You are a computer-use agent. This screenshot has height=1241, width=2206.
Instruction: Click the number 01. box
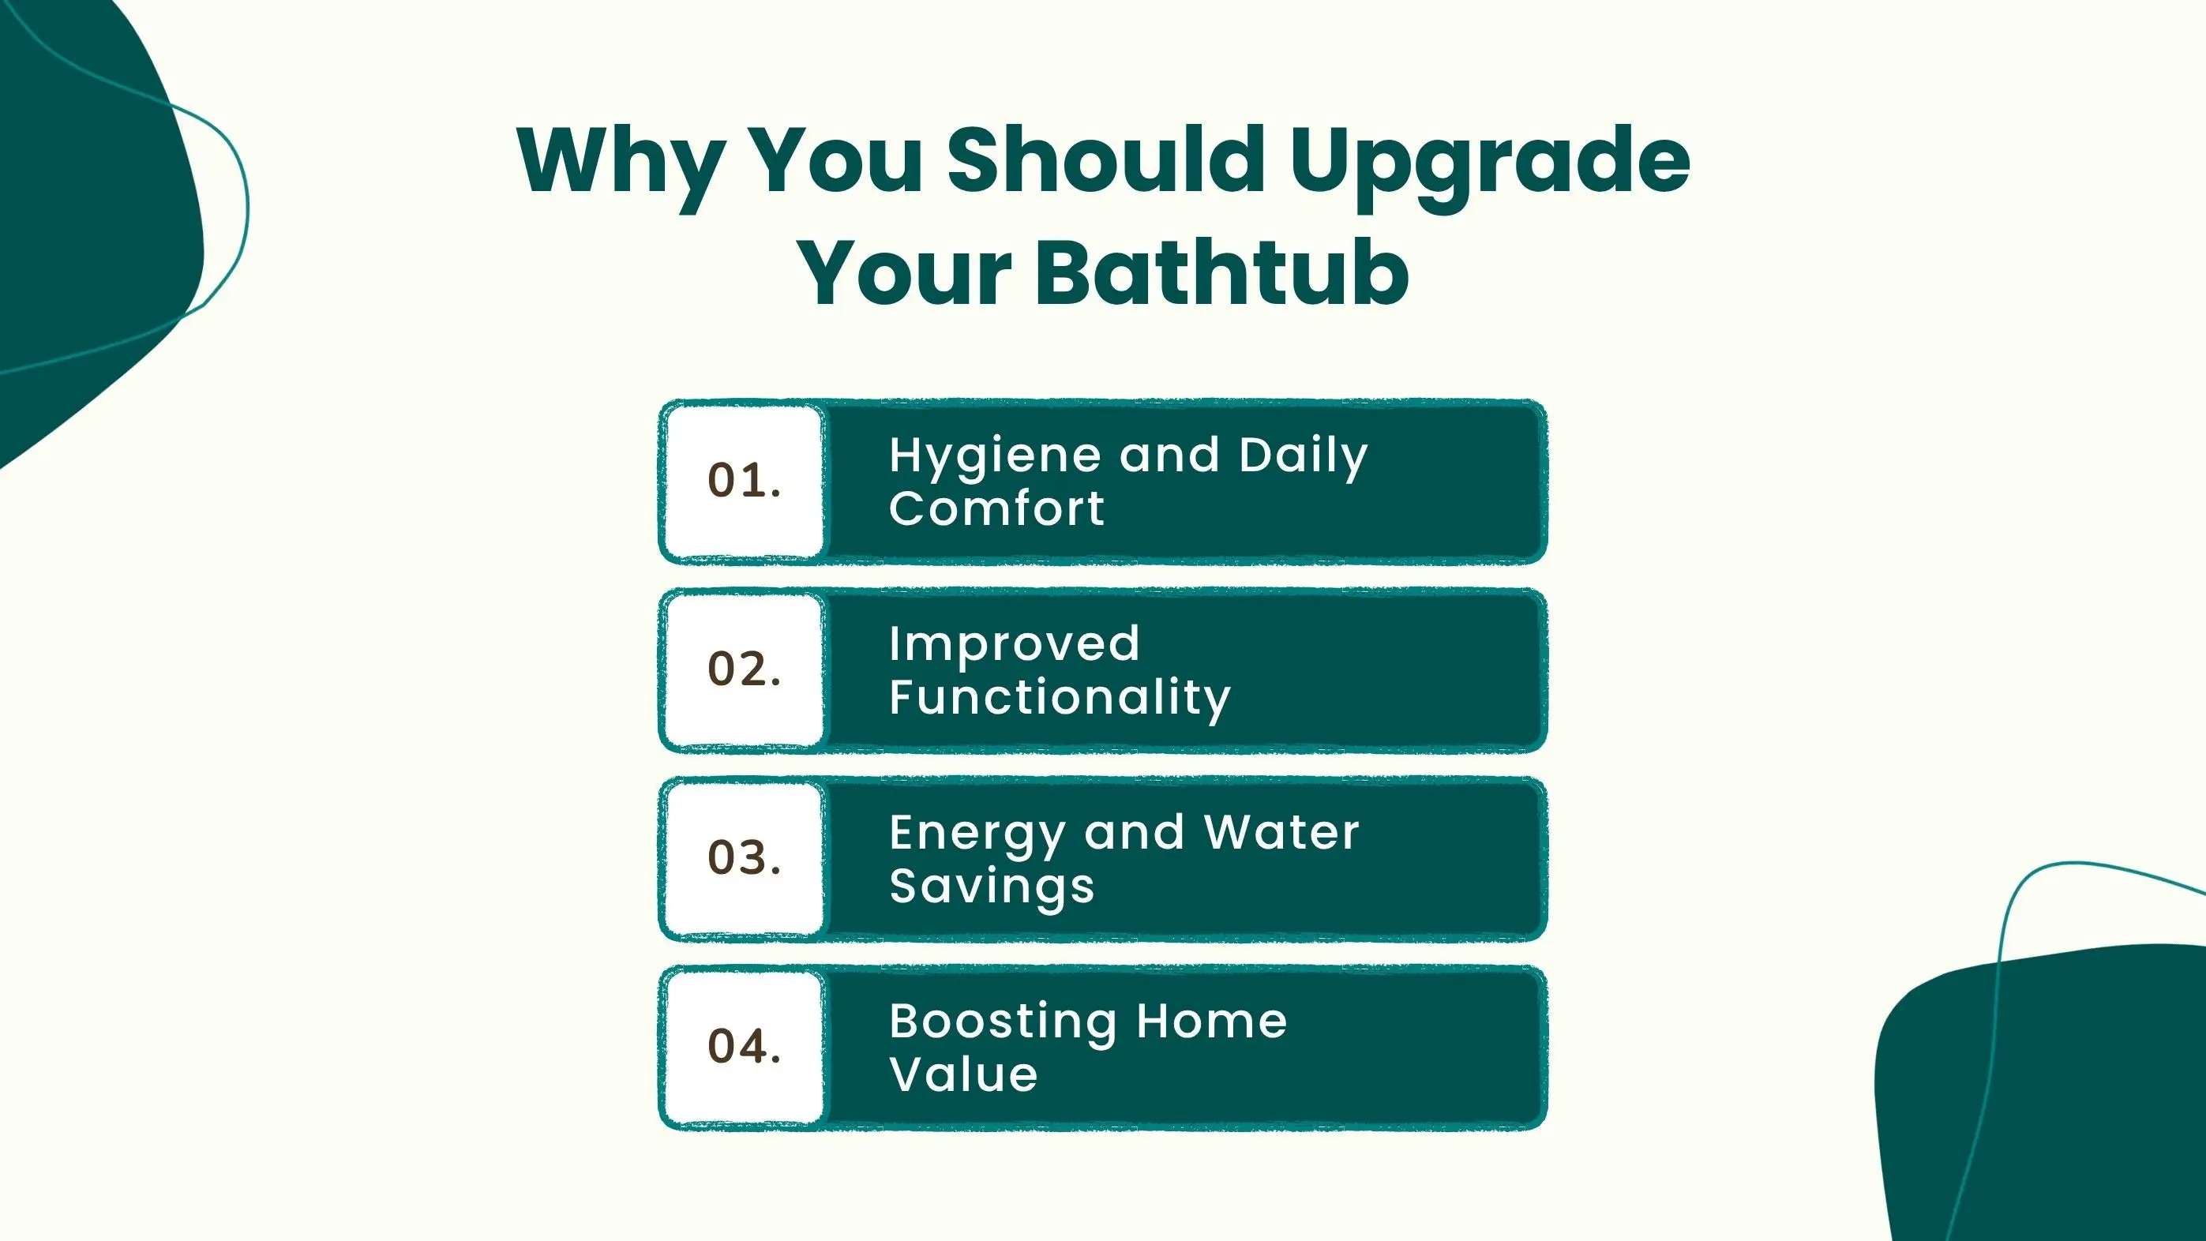point(745,482)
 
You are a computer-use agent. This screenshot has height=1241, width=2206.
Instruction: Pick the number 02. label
point(745,669)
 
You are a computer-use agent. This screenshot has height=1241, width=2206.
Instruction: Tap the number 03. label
point(745,858)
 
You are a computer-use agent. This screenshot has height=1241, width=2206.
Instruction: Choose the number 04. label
point(745,1047)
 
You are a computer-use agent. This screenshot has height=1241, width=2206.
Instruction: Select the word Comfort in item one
point(997,508)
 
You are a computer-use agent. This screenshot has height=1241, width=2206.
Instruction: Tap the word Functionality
point(1060,699)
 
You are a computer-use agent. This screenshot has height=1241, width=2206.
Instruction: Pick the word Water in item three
point(1281,833)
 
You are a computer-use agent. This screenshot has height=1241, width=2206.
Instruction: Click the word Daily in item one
point(1304,458)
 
